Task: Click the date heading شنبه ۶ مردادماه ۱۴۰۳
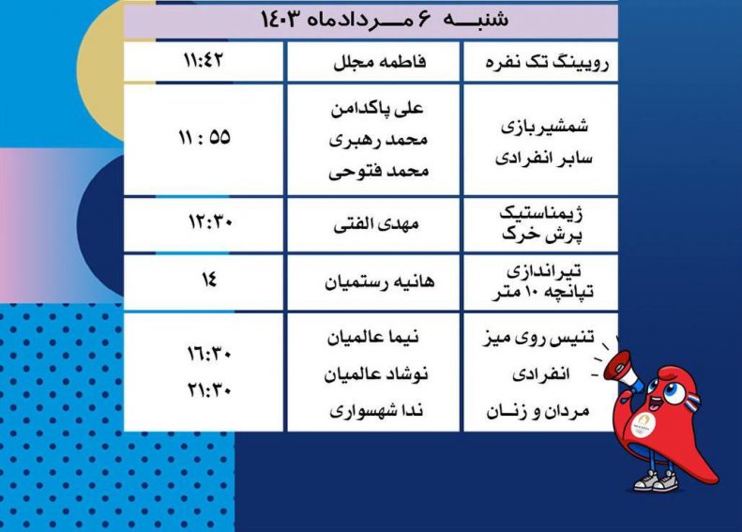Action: [385, 20]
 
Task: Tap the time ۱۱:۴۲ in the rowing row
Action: [204, 60]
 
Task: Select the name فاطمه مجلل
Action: [380, 62]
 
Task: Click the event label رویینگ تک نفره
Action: [547, 63]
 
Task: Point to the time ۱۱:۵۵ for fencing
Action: [204, 138]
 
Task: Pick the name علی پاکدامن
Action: [377, 109]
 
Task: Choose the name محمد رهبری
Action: [379, 140]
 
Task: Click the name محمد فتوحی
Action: [379, 171]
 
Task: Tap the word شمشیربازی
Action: [545, 127]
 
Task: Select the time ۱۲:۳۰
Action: [210, 221]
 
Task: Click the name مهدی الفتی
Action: [376, 224]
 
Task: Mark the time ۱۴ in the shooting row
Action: [208, 279]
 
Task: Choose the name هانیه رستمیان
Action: [380, 282]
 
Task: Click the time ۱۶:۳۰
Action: [209, 354]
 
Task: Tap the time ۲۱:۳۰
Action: [209, 390]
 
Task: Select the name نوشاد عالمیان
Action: [376, 374]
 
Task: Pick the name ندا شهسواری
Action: [376, 410]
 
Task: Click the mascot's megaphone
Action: [621, 370]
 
